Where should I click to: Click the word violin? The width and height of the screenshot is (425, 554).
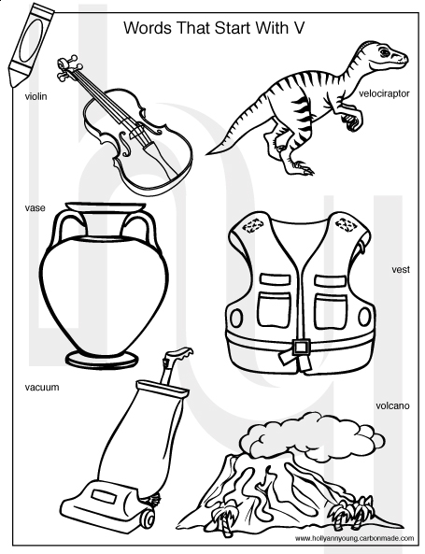tap(35, 96)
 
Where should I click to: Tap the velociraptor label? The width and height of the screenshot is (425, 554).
tap(384, 93)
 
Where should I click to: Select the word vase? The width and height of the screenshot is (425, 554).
tap(35, 207)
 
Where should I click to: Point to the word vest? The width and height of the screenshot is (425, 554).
tap(401, 270)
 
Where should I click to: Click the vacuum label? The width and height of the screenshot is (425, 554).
tap(42, 387)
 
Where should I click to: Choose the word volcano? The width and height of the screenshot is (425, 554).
tap(392, 405)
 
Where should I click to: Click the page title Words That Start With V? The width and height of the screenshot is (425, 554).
tap(214, 28)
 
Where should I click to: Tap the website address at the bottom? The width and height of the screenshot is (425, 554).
tap(354, 538)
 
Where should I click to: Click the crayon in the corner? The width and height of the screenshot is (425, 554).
tap(30, 44)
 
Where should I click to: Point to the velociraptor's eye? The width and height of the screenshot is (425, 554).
tap(384, 52)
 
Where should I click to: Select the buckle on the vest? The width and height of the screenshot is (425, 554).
tap(301, 348)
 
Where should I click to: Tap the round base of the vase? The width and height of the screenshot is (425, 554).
tap(102, 360)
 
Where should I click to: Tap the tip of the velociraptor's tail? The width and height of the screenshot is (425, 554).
tap(207, 154)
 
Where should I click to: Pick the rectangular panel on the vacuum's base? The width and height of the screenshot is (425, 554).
tap(105, 496)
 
